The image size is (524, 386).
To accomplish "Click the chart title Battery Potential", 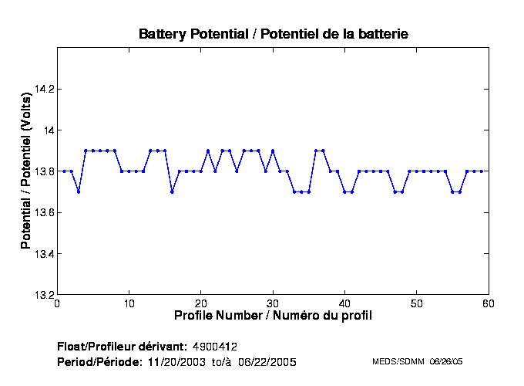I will [273, 34].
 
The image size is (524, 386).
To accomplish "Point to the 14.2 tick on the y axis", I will [43, 89].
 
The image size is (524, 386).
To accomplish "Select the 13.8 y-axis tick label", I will [43, 171].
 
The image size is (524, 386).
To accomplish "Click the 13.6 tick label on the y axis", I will [43, 212].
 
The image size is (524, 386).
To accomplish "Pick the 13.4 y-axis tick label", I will [43, 254].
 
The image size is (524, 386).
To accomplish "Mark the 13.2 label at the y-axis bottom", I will [43, 295].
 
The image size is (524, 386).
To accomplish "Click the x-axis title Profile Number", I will [273, 316].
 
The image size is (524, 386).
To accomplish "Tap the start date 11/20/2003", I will [174, 361].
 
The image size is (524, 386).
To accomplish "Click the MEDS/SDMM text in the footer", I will [395, 361].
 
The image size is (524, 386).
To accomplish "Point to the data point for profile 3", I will [79, 191].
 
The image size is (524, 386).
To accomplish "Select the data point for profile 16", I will [172, 191].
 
